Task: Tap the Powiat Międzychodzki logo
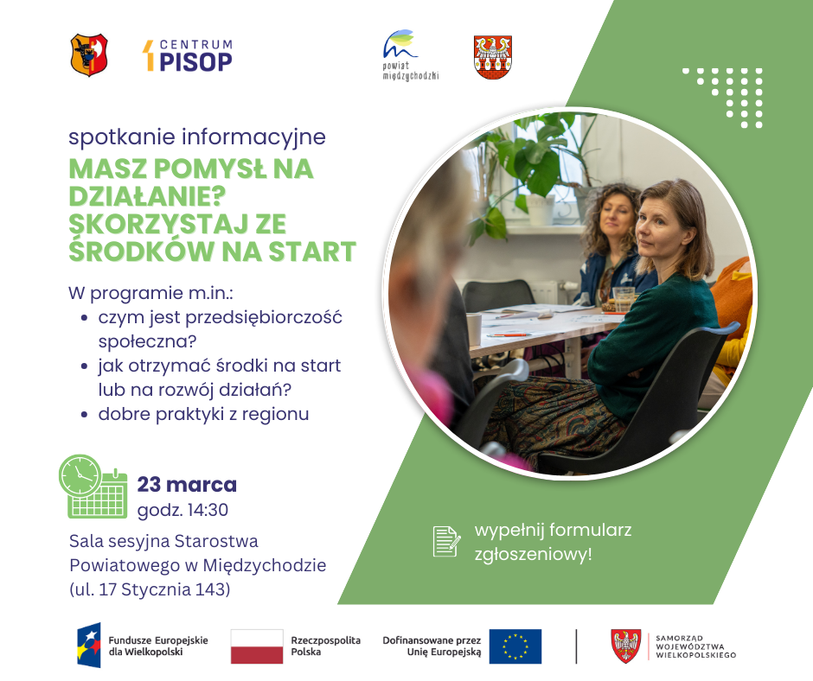[410, 55]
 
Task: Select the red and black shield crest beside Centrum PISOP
[89, 54]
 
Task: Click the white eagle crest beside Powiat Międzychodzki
[493, 57]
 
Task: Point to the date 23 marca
[187, 484]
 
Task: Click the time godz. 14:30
[182, 510]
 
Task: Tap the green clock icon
[80, 476]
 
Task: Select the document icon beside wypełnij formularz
[445, 541]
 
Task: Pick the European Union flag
[515, 646]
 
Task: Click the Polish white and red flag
[257, 646]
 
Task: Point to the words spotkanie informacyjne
[197, 137]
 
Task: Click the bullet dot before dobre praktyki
[84, 415]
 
